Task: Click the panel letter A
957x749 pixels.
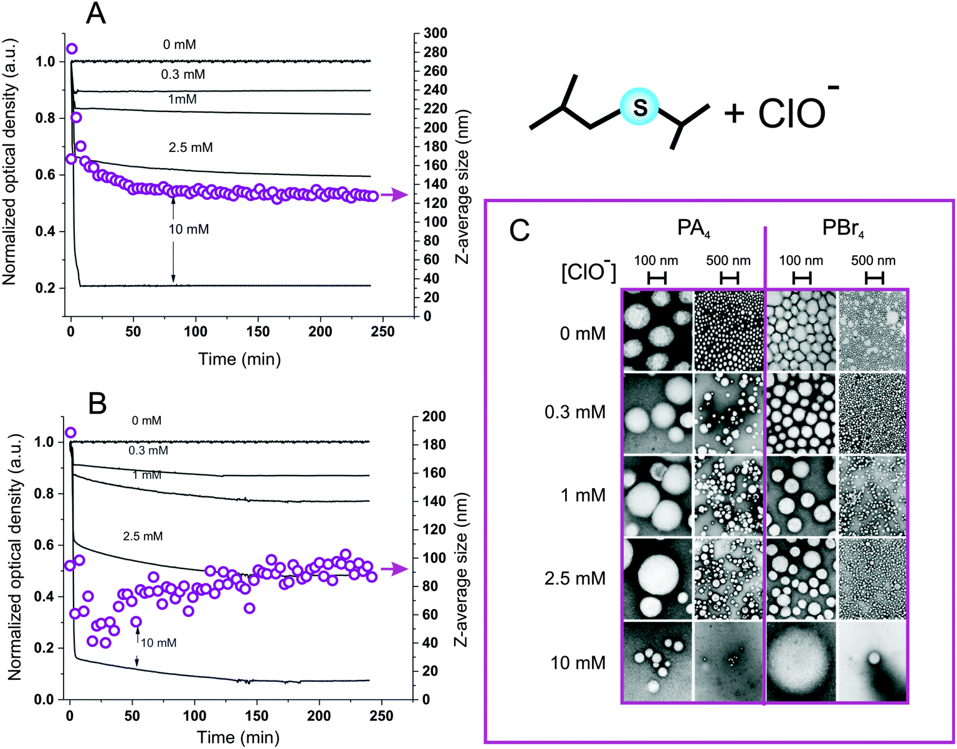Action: click(x=95, y=13)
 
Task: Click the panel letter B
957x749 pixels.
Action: click(x=97, y=403)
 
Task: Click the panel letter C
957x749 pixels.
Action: click(x=519, y=230)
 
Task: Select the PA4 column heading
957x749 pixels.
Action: click(x=693, y=228)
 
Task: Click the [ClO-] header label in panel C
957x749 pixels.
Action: click(x=588, y=271)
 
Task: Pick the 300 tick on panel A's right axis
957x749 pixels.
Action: click(x=434, y=34)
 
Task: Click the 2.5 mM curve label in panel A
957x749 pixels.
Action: click(x=190, y=148)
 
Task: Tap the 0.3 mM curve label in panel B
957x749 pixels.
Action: click(x=148, y=450)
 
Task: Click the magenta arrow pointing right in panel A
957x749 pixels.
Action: click(x=394, y=195)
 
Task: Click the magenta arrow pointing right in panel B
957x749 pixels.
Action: click(x=394, y=569)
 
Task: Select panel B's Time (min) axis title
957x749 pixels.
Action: click(x=239, y=738)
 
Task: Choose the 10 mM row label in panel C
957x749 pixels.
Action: click(x=578, y=662)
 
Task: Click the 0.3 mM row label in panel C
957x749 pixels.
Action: click(x=574, y=412)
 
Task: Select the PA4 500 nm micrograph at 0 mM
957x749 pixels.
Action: click(x=728, y=331)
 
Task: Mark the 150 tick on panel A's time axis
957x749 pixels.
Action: click(x=258, y=331)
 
